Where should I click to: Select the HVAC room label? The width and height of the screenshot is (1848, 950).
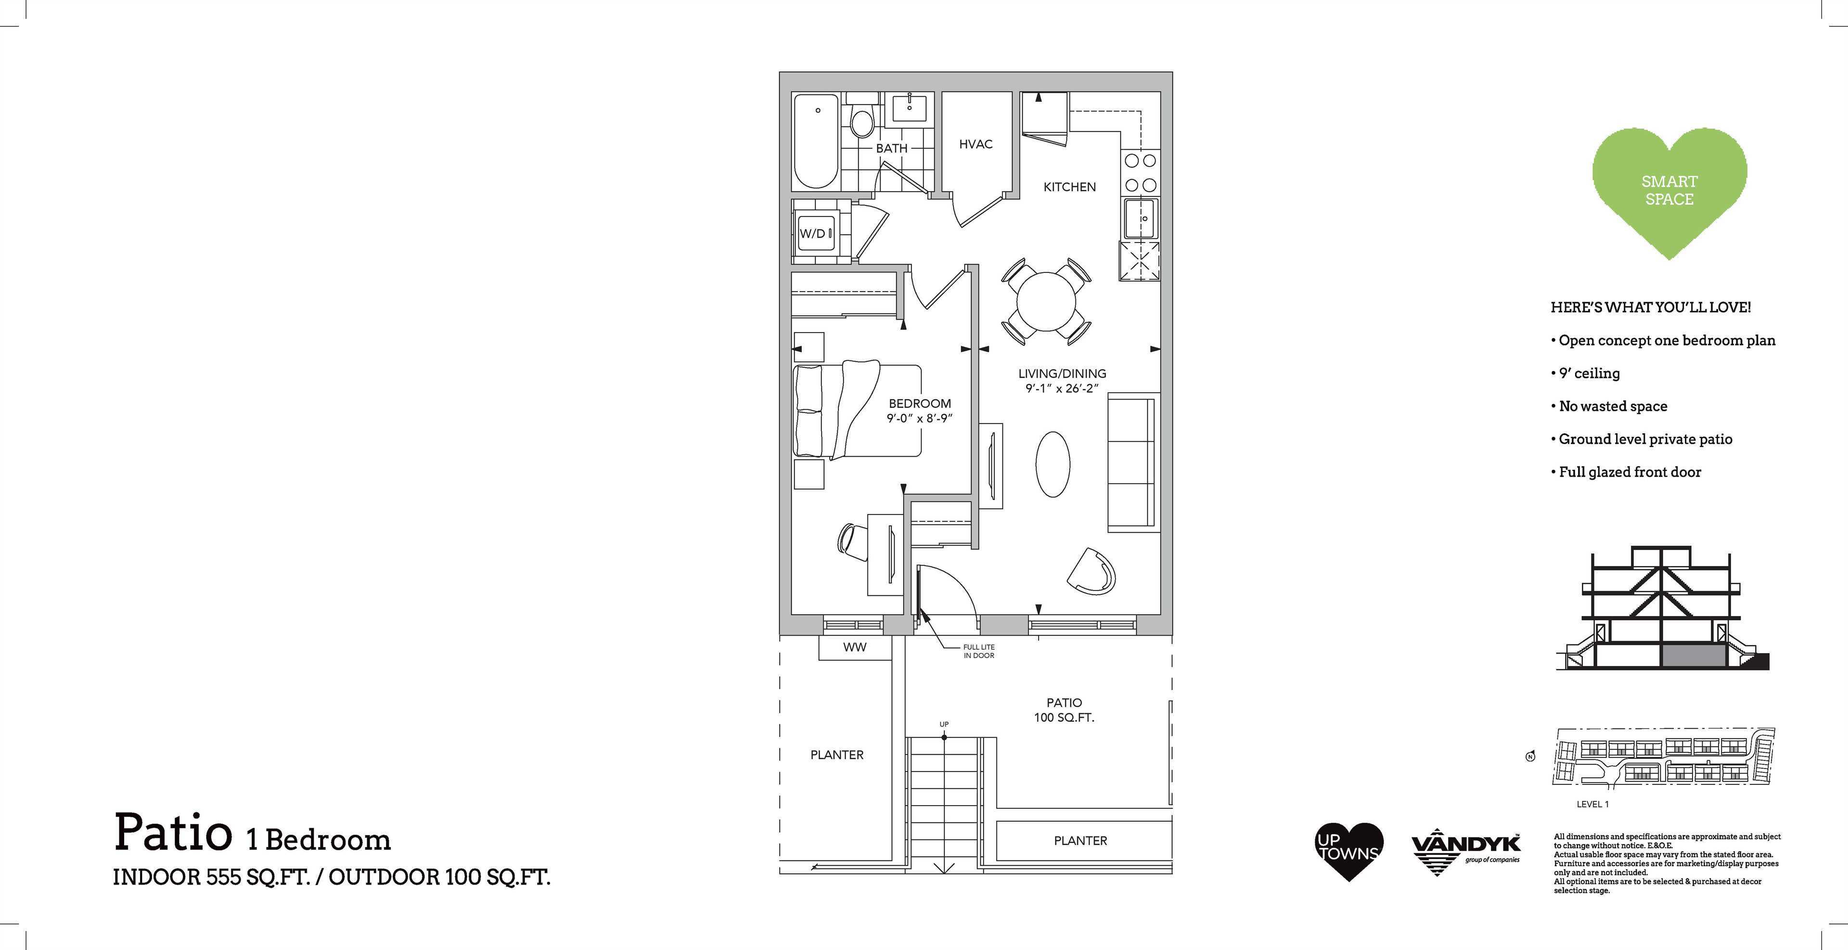(975, 144)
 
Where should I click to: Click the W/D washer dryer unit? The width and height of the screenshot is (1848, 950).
(817, 233)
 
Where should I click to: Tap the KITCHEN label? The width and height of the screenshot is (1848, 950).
(1070, 187)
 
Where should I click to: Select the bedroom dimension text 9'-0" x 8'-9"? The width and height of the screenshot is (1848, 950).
(920, 418)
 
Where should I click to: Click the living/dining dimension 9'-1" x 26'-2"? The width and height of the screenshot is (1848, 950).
(1063, 389)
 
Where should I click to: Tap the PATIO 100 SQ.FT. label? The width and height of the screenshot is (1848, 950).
(1064, 710)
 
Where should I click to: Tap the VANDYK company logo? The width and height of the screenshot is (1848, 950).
(1465, 852)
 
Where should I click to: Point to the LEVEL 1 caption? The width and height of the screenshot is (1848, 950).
(1592, 804)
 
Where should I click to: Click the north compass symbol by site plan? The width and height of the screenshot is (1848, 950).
(1530, 756)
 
